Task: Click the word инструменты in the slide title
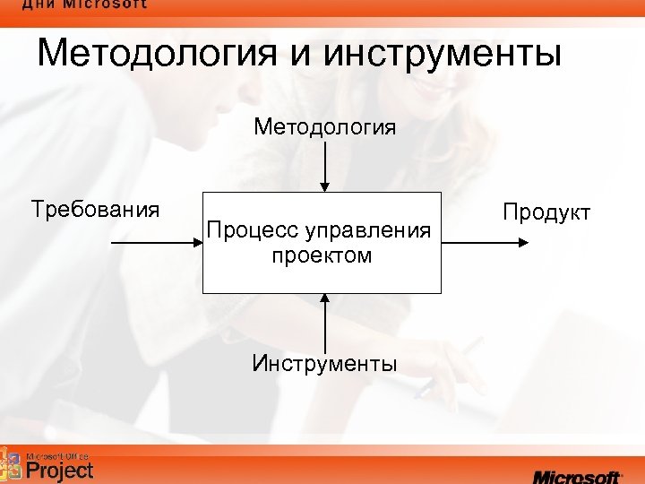(x=444, y=54)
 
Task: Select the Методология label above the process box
(x=324, y=126)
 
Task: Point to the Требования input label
(x=95, y=211)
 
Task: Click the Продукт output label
(x=546, y=212)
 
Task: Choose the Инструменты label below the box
(x=324, y=364)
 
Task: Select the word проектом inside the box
(x=322, y=256)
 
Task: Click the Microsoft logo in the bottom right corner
(x=577, y=476)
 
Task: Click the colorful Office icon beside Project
(x=12, y=464)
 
